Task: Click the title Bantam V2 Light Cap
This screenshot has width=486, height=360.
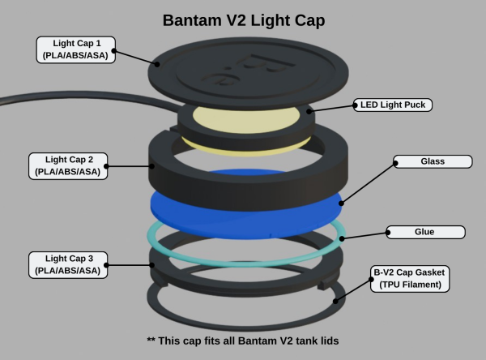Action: [x=243, y=19]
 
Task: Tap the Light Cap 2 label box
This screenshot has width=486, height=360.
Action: [x=69, y=165]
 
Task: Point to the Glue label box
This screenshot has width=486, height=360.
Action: [x=425, y=232]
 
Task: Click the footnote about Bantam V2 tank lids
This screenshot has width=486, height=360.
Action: [x=243, y=341]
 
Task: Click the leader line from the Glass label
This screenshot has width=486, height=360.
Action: [x=369, y=180]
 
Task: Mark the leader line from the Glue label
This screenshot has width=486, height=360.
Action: [x=364, y=235]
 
